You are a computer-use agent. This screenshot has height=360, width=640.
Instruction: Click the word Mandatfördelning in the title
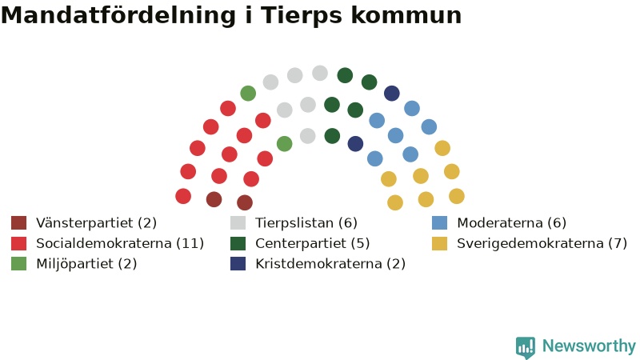coord(118,15)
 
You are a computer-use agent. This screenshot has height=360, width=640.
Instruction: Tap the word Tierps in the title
coord(302,16)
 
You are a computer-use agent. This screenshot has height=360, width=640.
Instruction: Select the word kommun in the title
coord(406,16)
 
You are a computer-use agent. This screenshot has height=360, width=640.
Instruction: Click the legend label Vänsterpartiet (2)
coord(96,223)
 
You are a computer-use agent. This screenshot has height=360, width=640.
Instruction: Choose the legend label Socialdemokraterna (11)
coord(120,243)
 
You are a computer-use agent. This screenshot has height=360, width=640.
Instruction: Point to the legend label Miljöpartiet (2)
coord(86,264)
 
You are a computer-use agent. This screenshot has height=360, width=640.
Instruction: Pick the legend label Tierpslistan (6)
coord(306,223)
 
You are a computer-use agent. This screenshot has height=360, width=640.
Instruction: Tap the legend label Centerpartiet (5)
coord(313,243)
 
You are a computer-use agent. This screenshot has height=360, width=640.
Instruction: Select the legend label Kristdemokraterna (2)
coord(330,264)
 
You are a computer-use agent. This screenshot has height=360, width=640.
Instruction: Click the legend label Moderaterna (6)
coord(511,223)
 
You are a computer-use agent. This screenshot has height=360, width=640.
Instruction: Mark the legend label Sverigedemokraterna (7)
coord(542,243)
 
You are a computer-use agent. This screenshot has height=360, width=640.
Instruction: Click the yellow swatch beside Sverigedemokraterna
coord(439,243)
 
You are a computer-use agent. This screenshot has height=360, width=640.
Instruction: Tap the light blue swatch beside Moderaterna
coord(439,223)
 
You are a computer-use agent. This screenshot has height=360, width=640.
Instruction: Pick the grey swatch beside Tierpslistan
coord(238,223)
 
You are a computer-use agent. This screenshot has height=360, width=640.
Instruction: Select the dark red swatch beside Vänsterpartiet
coord(18,223)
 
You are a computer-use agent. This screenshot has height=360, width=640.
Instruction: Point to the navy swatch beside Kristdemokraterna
coord(238,264)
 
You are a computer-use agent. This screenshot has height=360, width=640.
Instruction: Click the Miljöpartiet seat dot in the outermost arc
coord(248,94)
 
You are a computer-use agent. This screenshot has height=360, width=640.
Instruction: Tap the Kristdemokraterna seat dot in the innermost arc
coord(355,144)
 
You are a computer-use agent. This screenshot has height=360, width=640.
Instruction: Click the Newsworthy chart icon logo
coord(526,347)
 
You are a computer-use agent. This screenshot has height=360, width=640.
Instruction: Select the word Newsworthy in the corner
coord(589,346)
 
